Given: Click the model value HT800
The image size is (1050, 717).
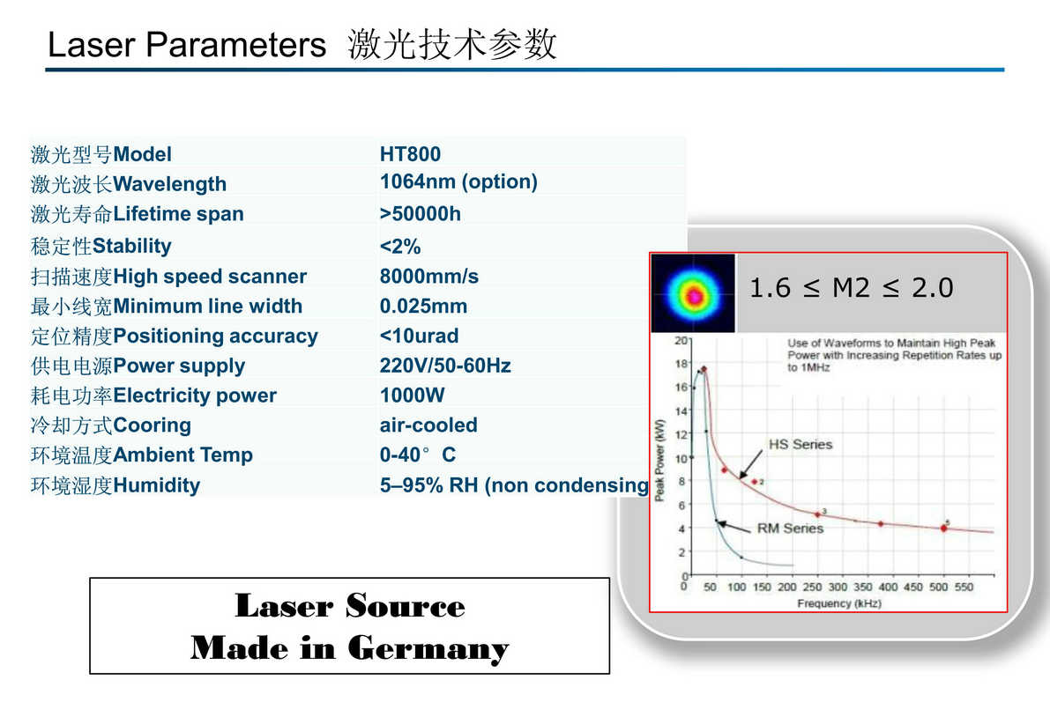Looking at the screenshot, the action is [410, 154].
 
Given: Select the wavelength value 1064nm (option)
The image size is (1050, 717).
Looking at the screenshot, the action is [458, 182].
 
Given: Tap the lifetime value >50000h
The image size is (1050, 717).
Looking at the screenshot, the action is [420, 213].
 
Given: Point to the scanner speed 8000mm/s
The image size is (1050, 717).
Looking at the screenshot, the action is [429, 277].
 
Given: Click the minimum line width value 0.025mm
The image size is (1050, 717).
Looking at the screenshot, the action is [423, 306].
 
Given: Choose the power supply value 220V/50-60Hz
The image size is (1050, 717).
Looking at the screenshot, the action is [445, 366].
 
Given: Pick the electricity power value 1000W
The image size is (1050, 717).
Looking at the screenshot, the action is [412, 395].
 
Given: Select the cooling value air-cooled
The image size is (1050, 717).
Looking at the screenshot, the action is [428, 425].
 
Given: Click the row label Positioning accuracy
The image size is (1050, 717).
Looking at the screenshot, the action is [216, 336].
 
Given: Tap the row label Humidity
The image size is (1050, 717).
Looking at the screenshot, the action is [157, 485].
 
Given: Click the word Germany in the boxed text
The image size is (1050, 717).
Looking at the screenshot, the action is [428, 649].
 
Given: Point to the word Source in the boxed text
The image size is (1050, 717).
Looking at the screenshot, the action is [406, 606].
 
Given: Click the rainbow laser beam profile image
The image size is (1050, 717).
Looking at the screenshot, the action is [693, 293].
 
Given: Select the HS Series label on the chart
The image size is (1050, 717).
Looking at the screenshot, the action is [801, 444].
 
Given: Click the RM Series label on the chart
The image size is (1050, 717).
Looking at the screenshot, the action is [790, 529].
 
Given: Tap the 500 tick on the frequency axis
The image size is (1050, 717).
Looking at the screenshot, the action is [939, 587].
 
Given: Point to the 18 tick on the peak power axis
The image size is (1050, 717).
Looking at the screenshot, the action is [681, 364].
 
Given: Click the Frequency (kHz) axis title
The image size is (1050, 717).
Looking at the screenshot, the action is [839, 603].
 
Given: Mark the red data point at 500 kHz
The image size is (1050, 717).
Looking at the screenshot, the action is [943, 529].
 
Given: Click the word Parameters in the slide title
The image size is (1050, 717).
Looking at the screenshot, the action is [235, 45].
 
